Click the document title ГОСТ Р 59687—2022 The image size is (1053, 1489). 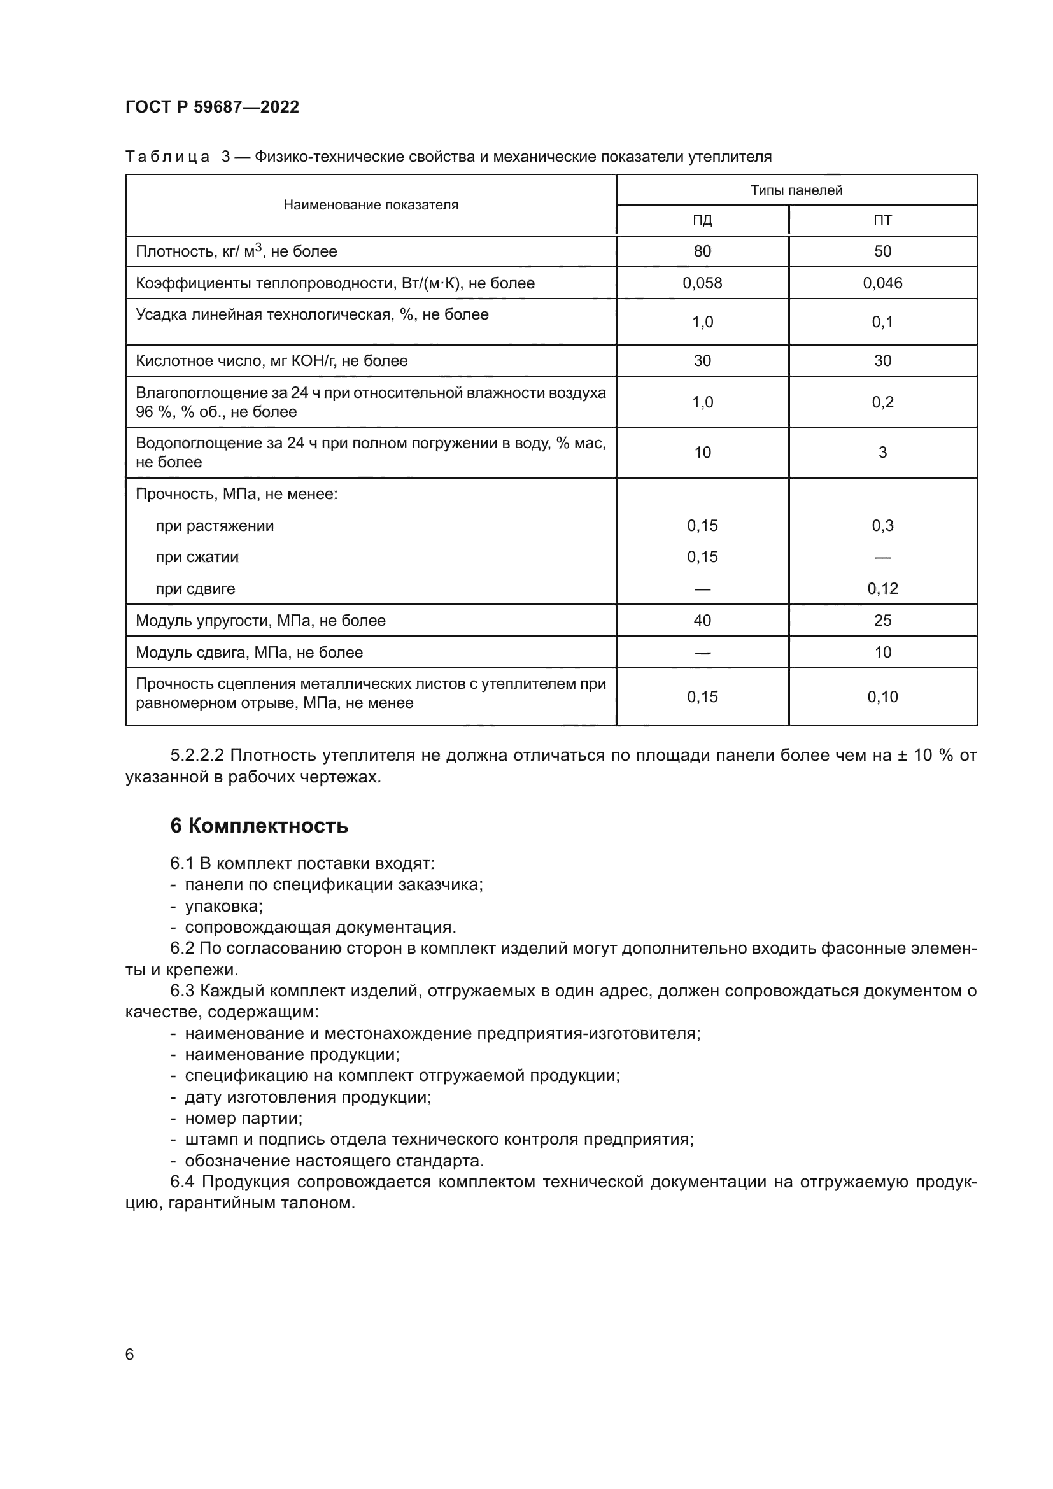click(x=212, y=107)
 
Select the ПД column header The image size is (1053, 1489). click(x=702, y=220)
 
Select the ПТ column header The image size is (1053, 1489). click(x=882, y=220)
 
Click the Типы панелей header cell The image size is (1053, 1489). click(x=796, y=190)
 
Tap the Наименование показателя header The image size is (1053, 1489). click(x=371, y=205)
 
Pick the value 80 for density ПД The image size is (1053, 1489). click(x=702, y=251)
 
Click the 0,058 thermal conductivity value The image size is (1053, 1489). click(x=702, y=283)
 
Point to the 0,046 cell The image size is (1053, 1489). click(x=882, y=283)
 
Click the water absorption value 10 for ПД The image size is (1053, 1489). click(x=702, y=452)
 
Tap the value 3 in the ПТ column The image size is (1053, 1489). click(x=882, y=452)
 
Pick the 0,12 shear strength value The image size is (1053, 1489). click(x=882, y=588)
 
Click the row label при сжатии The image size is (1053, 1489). click(x=197, y=557)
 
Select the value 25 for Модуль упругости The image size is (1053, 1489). click(x=882, y=620)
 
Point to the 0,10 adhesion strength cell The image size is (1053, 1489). click(x=882, y=696)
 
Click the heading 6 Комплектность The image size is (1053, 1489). click(x=258, y=826)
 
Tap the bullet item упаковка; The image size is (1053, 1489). click(x=223, y=906)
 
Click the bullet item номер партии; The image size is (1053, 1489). click(x=243, y=1118)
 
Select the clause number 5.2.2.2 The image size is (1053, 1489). click(x=197, y=755)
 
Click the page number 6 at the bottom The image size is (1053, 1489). click(x=129, y=1354)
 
